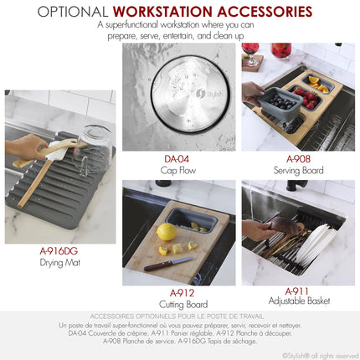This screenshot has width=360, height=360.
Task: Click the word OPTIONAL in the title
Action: (73, 13)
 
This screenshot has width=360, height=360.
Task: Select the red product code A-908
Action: (298, 158)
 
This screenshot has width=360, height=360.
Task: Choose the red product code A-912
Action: (183, 293)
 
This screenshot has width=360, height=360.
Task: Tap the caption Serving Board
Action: (298, 170)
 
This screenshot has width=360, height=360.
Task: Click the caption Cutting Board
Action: (183, 305)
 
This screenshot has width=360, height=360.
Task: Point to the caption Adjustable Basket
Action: (298, 301)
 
